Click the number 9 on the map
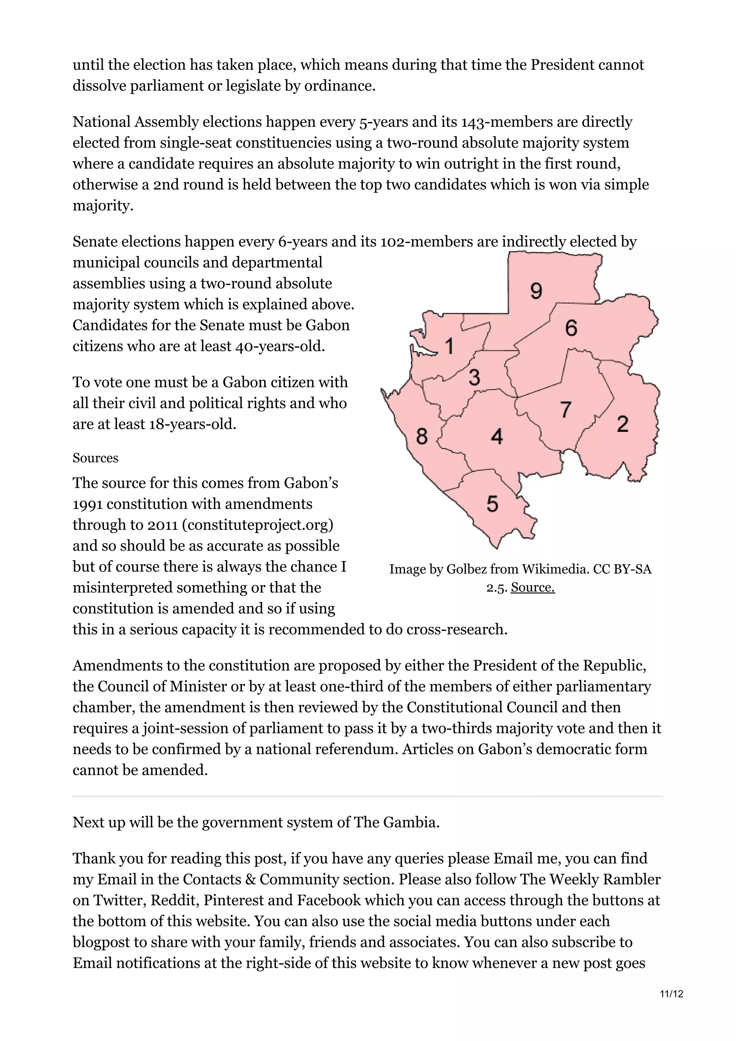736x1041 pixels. pyautogui.click(x=536, y=291)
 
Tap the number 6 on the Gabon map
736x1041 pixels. pyautogui.click(x=571, y=328)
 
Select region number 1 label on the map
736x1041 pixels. pyautogui.click(x=449, y=346)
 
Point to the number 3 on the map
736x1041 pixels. pyautogui.click(x=474, y=377)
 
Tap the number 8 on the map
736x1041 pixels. pyautogui.click(x=422, y=436)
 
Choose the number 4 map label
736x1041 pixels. pyautogui.click(x=497, y=436)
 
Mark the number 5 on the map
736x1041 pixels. pyautogui.click(x=492, y=504)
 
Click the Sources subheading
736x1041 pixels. pyautogui.click(x=95, y=458)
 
